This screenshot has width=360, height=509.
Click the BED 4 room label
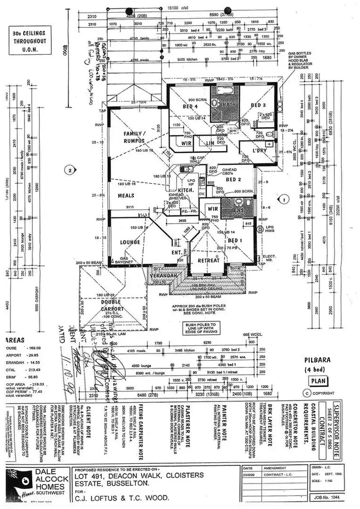191,106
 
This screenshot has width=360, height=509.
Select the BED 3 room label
258,105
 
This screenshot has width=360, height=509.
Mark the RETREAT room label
209,261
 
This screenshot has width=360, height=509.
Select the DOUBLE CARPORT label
111,306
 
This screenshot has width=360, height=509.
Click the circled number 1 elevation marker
284,197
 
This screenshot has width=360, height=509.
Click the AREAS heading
14,340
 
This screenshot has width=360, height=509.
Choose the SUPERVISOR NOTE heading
350,413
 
